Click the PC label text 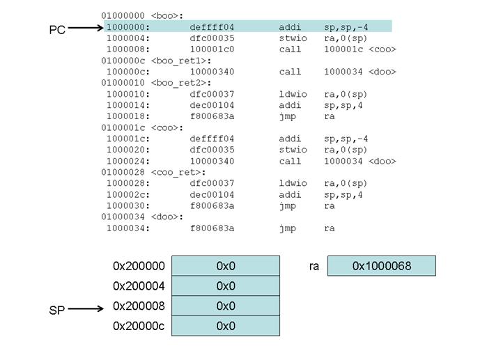[57, 30]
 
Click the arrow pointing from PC [85, 29]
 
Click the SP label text [57, 311]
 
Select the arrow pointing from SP [86, 309]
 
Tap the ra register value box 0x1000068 [381, 266]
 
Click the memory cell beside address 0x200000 [226, 266]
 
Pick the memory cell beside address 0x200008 [226, 306]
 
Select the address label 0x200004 [139, 286]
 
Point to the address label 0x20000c [139, 327]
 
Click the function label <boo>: [167, 15]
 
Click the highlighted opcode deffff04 [212, 26]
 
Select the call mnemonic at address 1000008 [290, 49]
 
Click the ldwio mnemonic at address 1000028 [292, 183]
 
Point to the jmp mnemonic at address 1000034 [287, 228]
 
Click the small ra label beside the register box [314, 266]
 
